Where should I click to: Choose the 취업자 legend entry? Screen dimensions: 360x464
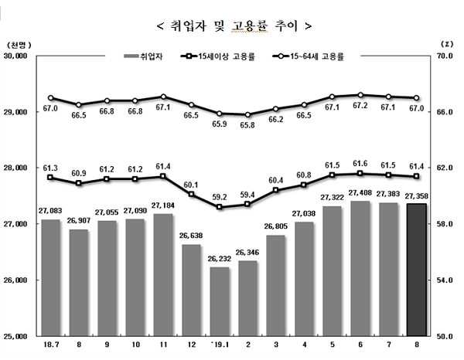point(148,56)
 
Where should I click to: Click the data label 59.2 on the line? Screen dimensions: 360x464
point(220,197)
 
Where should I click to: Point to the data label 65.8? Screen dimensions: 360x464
point(247,124)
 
